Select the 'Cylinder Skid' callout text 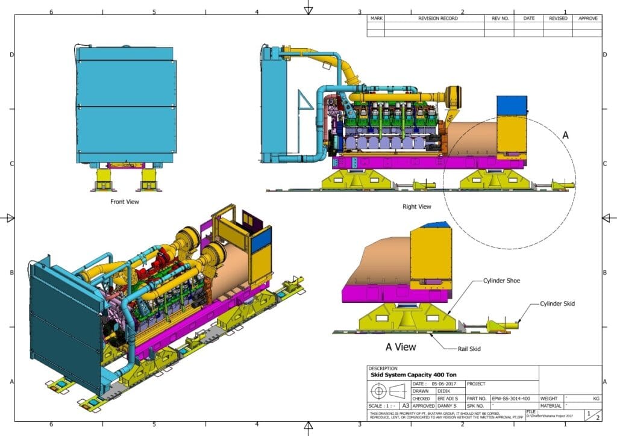click(x=557, y=304)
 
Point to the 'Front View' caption click(x=125, y=202)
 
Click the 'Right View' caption click(x=417, y=207)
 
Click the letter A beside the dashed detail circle click(x=565, y=136)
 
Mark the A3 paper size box click(x=406, y=406)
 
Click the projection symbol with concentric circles click(x=378, y=391)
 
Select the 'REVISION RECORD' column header click(x=437, y=19)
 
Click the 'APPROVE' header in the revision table click(x=587, y=19)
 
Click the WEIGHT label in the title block click(x=550, y=399)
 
